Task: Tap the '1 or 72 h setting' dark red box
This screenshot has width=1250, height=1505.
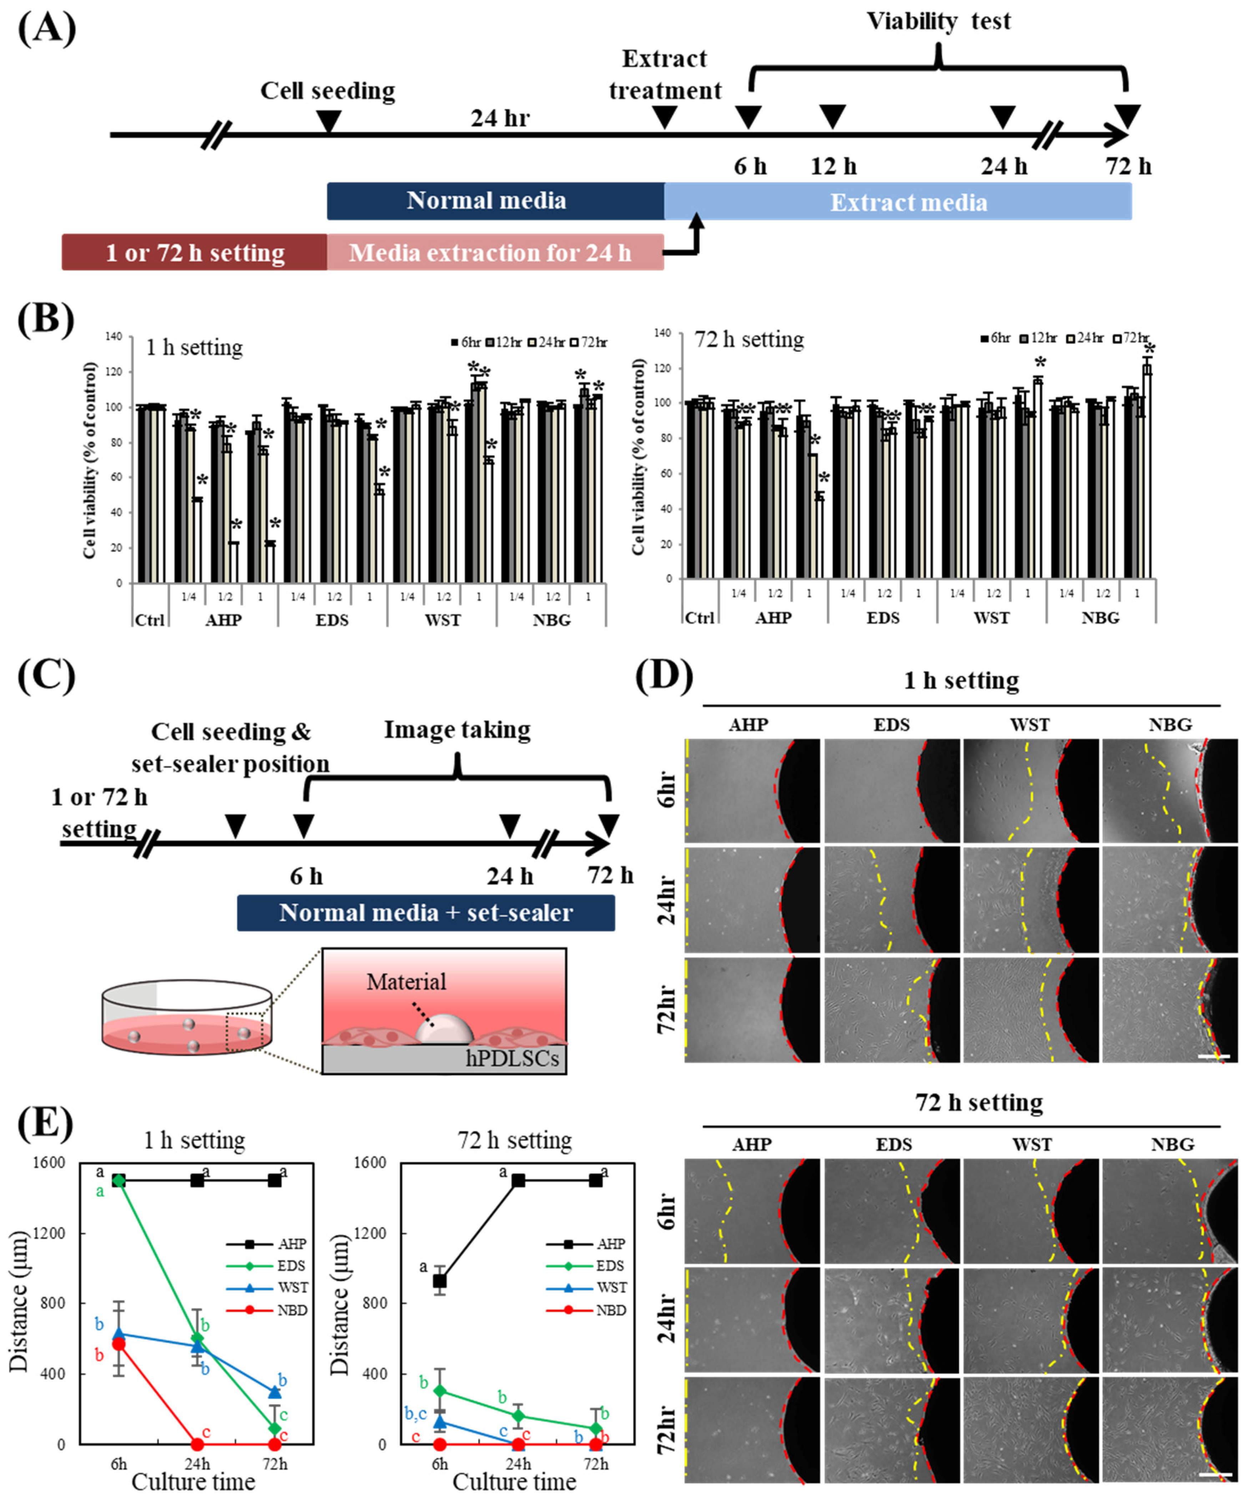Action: point(194,252)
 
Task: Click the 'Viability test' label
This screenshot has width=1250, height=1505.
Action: point(938,21)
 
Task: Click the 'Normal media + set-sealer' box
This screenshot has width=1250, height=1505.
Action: point(426,912)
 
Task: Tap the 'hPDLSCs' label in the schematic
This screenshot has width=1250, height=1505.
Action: point(512,1058)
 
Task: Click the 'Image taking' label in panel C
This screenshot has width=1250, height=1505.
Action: point(457,729)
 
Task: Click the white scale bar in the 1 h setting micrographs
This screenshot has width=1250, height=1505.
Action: point(1213,1056)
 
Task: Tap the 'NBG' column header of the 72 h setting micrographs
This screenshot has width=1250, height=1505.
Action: point(1173,1145)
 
